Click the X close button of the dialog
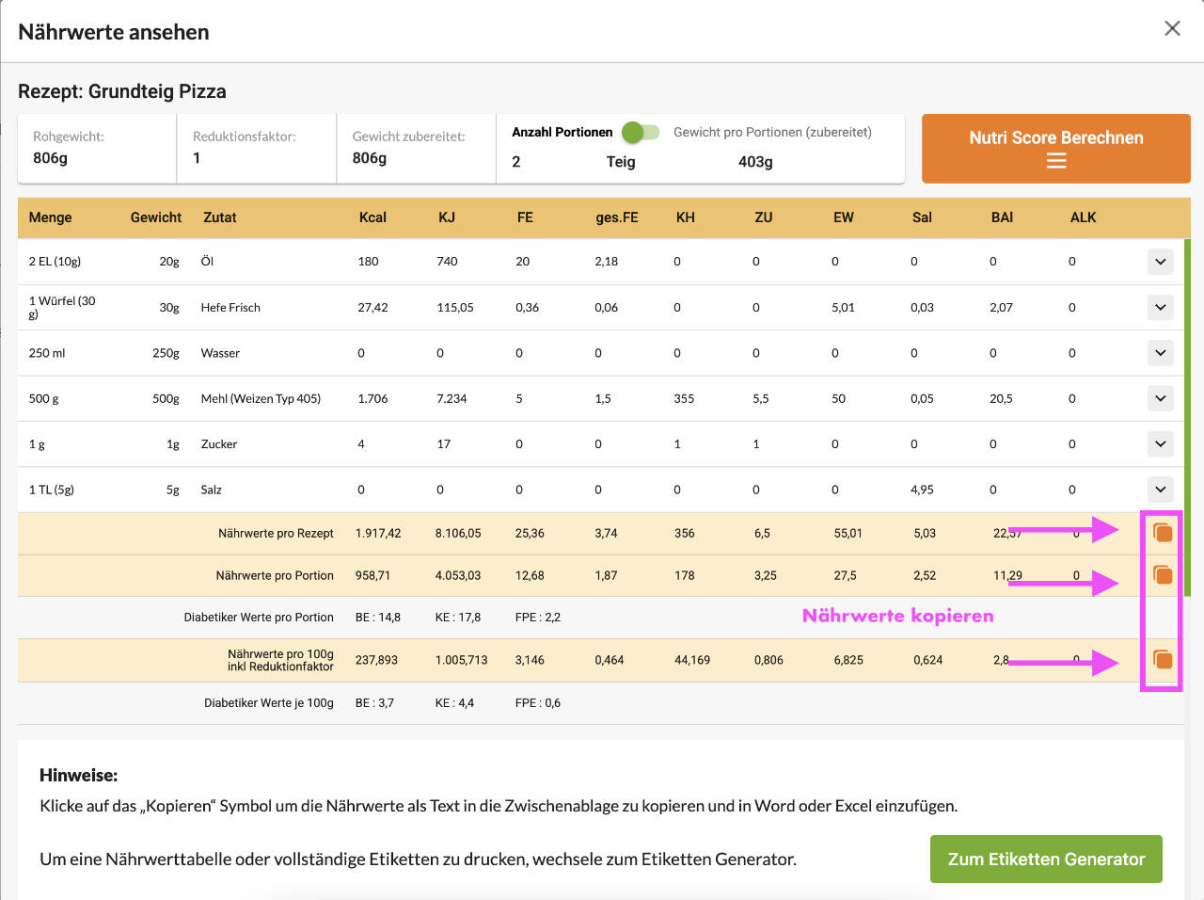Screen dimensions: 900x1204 pyautogui.click(x=1172, y=28)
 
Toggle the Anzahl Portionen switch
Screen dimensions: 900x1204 pyautogui.click(x=641, y=133)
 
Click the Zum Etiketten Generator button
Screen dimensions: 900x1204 pyautogui.click(x=1046, y=859)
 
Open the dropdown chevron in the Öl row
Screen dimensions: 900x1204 pyautogui.click(x=1161, y=262)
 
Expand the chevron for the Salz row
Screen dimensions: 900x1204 pyautogui.click(x=1161, y=490)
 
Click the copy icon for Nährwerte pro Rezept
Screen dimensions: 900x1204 pyautogui.click(x=1163, y=533)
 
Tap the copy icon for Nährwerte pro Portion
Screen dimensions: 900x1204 pyautogui.click(x=1163, y=574)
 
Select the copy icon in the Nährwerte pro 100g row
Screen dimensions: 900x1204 pyautogui.click(x=1163, y=659)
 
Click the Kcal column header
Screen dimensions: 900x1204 pyautogui.click(x=372, y=217)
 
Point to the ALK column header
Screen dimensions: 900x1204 pyautogui.click(x=1083, y=217)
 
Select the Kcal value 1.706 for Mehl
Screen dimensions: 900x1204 pyautogui.click(x=372, y=399)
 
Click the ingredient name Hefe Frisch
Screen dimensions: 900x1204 pyautogui.click(x=230, y=308)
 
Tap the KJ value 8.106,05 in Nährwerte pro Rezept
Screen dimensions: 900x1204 pyautogui.click(x=458, y=534)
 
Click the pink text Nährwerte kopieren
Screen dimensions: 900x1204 pyautogui.click(x=897, y=616)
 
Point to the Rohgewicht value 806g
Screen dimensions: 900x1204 pyautogui.click(x=51, y=158)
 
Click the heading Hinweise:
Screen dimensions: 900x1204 pyautogui.click(x=79, y=776)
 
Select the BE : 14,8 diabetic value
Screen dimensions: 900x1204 pyautogui.click(x=378, y=618)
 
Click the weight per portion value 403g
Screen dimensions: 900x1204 pyautogui.click(x=755, y=162)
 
